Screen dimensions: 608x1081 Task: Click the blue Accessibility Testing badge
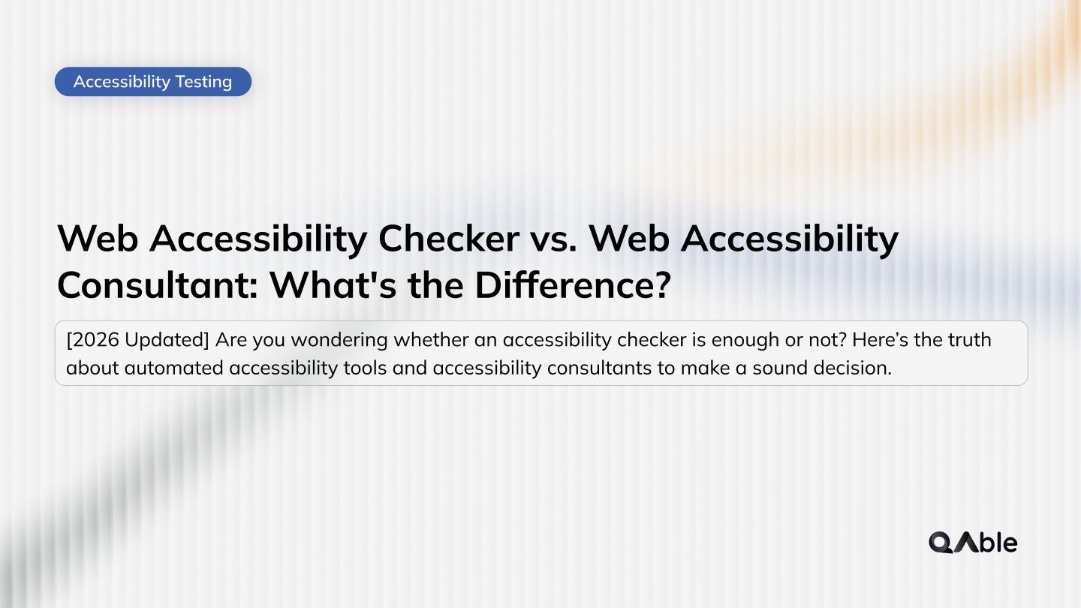152,81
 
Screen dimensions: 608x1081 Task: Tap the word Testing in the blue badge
203,81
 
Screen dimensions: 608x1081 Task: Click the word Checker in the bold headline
448,239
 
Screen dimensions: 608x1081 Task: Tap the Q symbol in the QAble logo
941,542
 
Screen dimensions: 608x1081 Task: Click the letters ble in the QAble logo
998,542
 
